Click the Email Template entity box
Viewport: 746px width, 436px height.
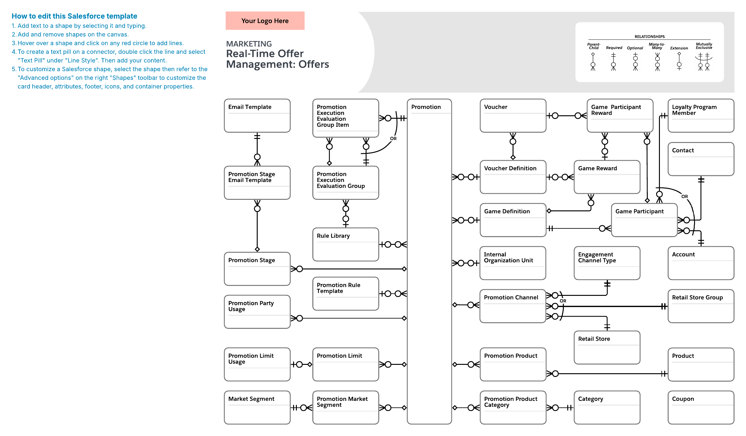tap(257, 116)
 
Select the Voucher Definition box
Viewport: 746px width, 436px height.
tap(513, 177)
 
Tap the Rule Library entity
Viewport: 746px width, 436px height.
tap(346, 244)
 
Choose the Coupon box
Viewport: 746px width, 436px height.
tap(701, 407)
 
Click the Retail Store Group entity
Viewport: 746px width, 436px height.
tap(701, 306)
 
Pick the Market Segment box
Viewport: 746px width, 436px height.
tap(257, 407)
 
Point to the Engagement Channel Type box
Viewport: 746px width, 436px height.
tap(607, 263)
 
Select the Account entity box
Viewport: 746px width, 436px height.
tap(701, 263)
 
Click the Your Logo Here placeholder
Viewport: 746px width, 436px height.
tap(265, 21)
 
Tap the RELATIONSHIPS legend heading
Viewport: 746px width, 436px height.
tap(650, 37)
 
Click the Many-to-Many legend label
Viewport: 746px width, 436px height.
tap(657, 46)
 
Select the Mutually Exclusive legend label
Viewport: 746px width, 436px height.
tap(704, 46)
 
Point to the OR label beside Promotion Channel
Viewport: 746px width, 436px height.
tap(563, 301)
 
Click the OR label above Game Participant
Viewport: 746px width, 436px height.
tap(684, 196)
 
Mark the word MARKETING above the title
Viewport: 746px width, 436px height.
tap(249, 44)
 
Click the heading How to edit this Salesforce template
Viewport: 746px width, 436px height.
tap(74, 16)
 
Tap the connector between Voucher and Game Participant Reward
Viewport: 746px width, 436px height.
tap(566, 116)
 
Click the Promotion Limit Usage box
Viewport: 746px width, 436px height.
tap(257, 364)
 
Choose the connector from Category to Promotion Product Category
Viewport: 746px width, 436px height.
tap(560, 407)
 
